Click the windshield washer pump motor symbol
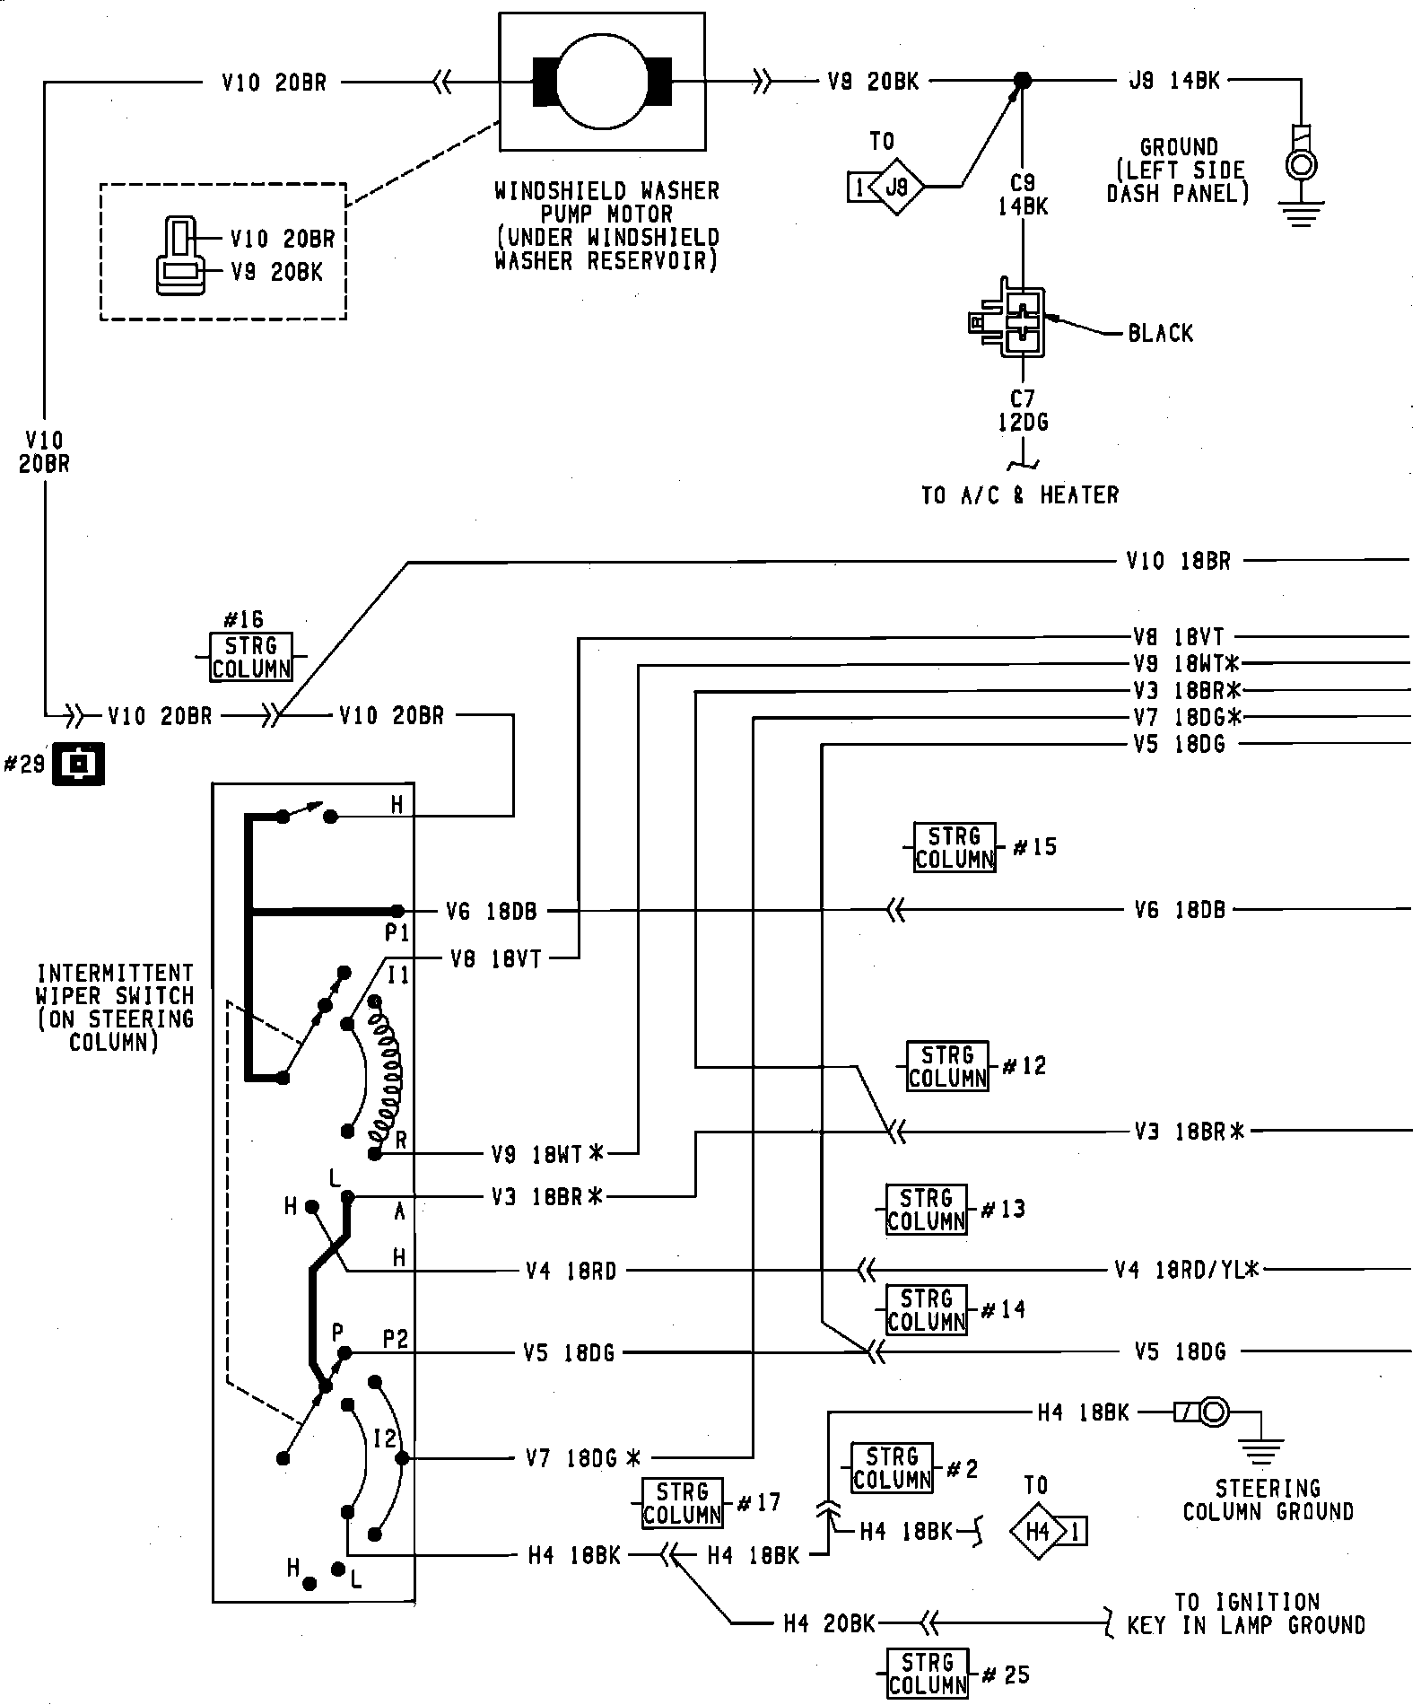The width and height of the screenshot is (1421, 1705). pyautogui.click(x=602, y=82)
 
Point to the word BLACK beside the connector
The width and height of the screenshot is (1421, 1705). pyautogui.click(x=1161, y=334)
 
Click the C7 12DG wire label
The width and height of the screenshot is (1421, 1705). pyautogui.click(x=1023, y=409)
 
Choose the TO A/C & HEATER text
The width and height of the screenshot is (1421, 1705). pyautogui.click(x=1020, y=495)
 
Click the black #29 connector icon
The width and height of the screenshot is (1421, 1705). pyautogui.click(x=79, y=764)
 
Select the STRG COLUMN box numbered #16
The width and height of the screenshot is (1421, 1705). pyautogui.click(x=251, y=657)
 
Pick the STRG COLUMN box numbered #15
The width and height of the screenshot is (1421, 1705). pyautogui.click(x=955, y=847)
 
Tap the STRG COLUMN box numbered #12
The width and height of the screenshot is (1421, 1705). pyautogui.click(x=947, y=1066)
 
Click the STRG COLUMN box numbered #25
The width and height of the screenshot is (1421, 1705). pyautogui.click(x=928, y=1674)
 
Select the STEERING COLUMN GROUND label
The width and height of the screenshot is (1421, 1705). pyautogui.click(x=1268, y=1500)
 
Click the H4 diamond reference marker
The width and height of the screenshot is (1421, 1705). pyautogui.click(x=1039, y=1531)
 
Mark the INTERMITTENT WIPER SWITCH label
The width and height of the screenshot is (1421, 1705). pyautogui.click(x=114, y=1008)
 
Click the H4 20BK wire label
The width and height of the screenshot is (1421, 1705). pyautogui.click(x=829, y=1622)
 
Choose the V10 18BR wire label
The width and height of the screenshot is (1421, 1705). pyautogui.click(x=1178, y=562)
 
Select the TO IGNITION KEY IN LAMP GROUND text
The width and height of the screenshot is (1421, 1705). pyautogui.click(x=1247, y=1613)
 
